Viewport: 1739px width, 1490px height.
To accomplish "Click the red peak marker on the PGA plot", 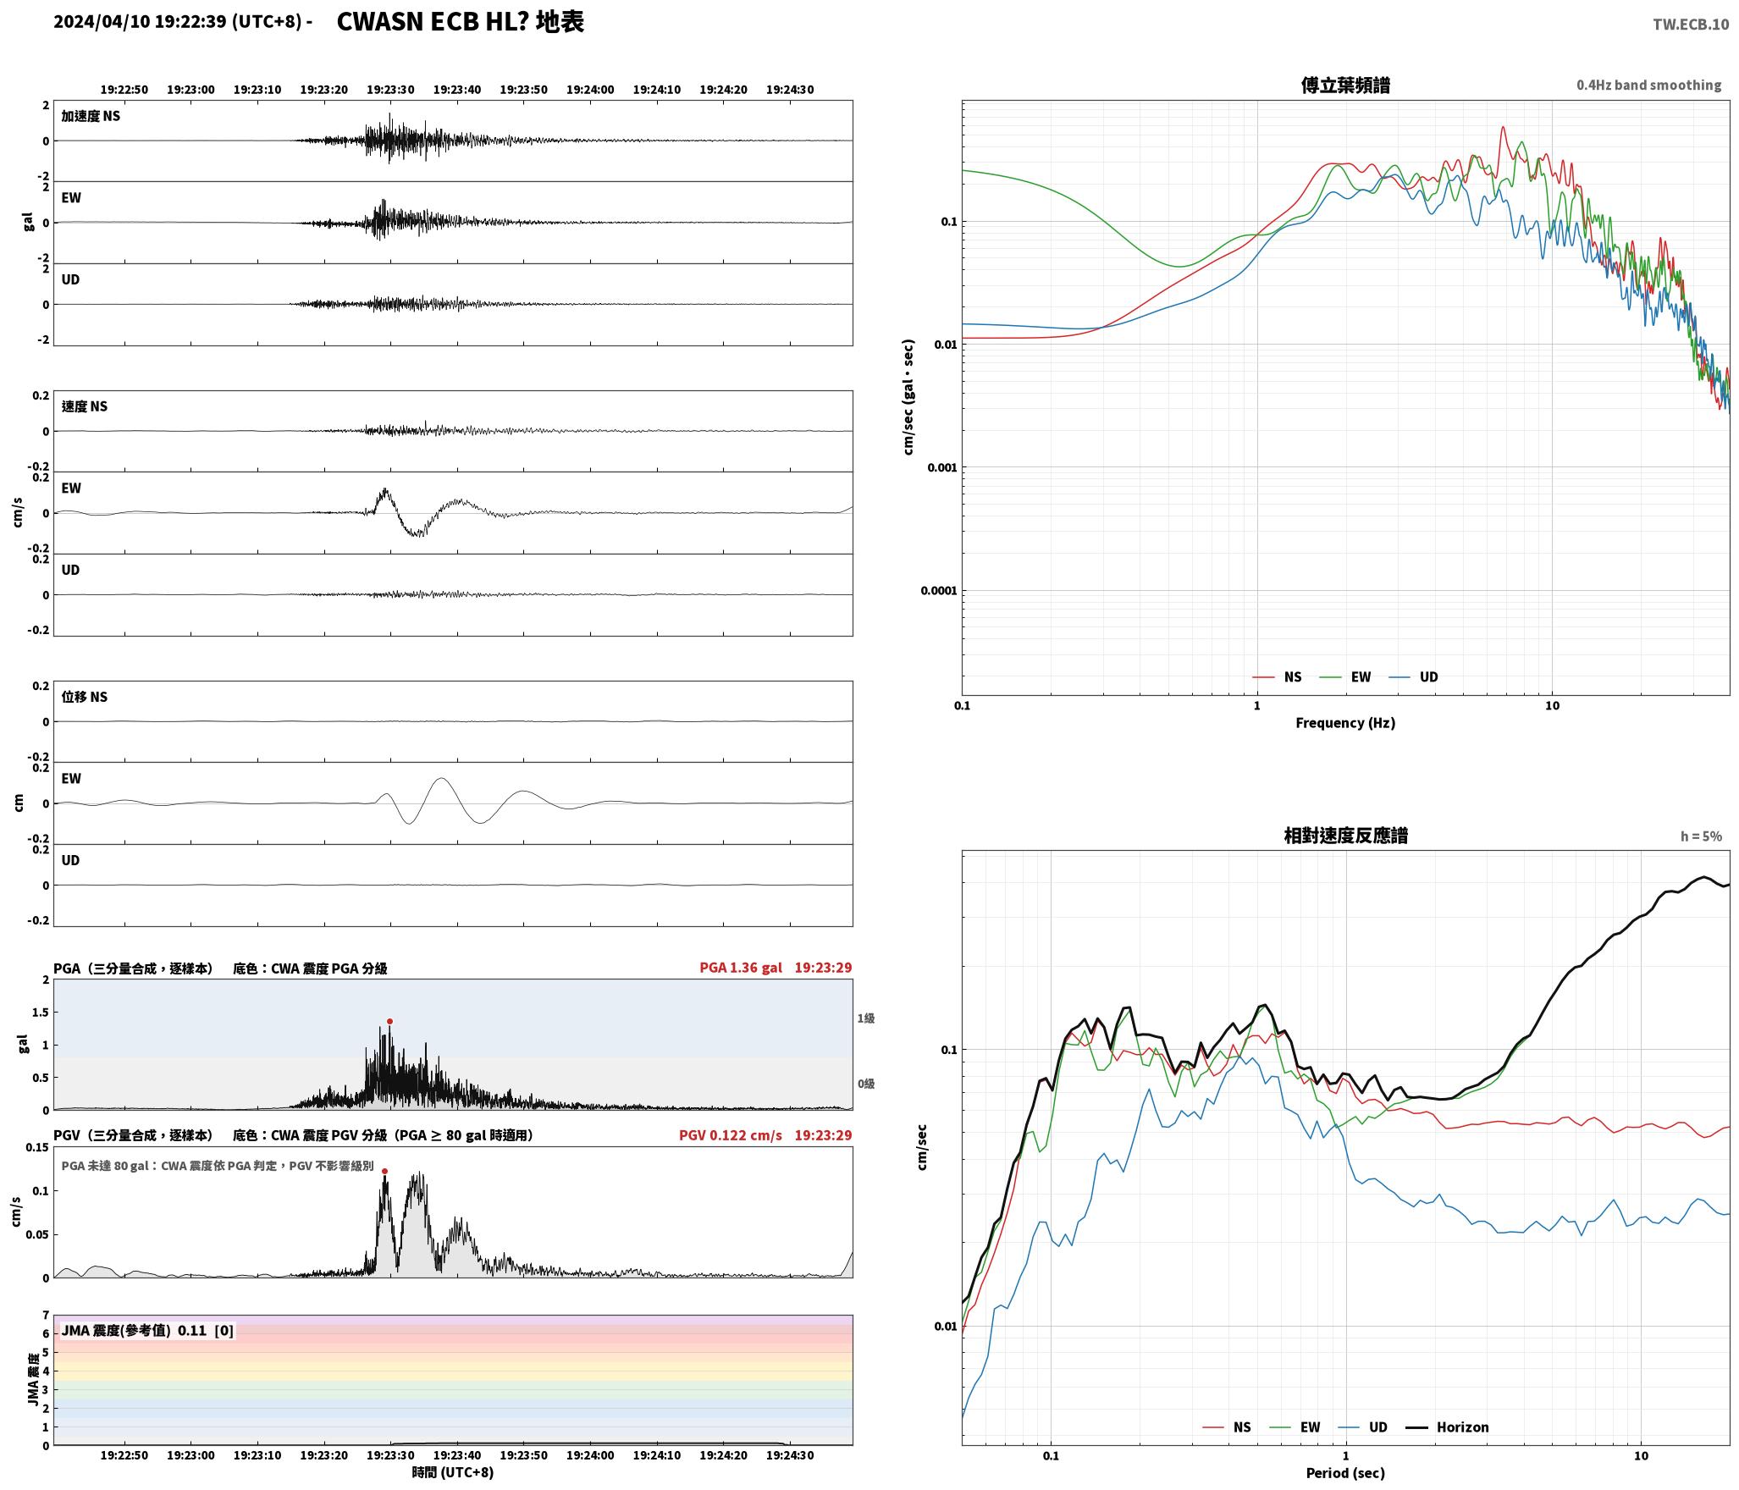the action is (389, 1021).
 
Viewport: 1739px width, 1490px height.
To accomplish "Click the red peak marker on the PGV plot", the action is (384, 1172).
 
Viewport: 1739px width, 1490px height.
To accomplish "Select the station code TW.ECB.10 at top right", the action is (1691, 25).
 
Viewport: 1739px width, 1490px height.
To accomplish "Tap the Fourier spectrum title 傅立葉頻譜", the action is (1345, 86).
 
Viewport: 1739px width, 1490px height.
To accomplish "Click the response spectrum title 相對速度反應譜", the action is (1345, 836).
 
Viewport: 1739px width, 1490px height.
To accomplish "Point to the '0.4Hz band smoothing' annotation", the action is (1648, 86).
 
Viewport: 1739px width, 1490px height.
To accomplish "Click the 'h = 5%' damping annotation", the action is (1701, 836).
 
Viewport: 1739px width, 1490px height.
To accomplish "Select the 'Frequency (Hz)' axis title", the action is (1345, 723).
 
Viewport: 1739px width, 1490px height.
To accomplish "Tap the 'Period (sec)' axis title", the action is (1345, 1473).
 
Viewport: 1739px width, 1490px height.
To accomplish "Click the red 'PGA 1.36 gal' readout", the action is (741, 968).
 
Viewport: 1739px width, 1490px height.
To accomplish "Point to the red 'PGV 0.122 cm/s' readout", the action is (731, 1135).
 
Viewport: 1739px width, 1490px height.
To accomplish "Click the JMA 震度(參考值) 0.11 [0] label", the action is (147, 1331).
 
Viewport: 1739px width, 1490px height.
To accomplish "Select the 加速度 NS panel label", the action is (91, 116).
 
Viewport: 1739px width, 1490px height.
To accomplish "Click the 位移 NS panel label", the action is (85, 697).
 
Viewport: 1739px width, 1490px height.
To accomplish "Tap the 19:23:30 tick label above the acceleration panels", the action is (390, 90).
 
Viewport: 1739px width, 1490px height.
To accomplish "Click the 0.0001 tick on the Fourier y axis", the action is (938, 591).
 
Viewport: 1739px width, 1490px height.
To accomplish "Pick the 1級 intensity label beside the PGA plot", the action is (866, 1018).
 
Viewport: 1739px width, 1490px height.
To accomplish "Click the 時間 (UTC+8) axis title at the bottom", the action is (453, 1472).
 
